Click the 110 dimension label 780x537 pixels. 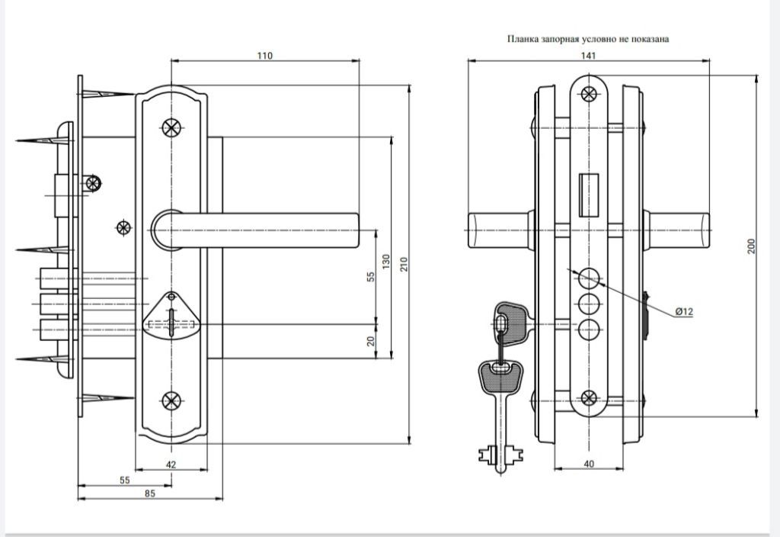[x=264, y=56]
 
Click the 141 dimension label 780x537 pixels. [x=588, y=56]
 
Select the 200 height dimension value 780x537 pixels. [x=751, y=246]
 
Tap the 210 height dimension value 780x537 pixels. [x=404, y=264]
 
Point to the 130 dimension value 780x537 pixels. [x=386, y=262]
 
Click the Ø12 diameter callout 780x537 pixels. [x=685, y=312]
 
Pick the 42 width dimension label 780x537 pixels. [x=171, y=465]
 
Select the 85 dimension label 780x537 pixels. [x=150, y=494]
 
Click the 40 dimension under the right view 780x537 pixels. [x=589, y=464]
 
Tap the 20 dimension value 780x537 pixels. [x=370, y=341]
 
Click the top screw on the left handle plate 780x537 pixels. [x=171, y=128]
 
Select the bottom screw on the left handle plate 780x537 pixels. [x=171, y=401]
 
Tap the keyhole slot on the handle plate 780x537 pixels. [x=171, y=323]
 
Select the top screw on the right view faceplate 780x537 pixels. [x=589, y=94]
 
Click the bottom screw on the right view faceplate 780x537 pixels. [x=589, y=398]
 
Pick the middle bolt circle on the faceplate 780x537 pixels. [x=589, y=303]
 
